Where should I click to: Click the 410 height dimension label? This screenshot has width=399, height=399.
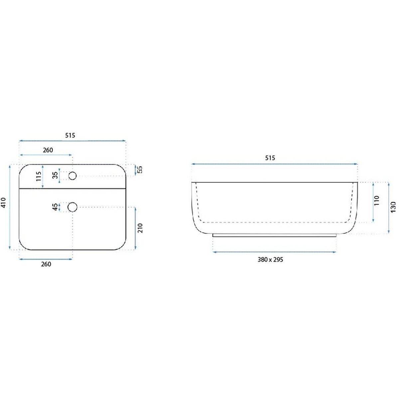(x=4, y=203)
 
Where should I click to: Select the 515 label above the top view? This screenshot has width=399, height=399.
(x=70, y=135)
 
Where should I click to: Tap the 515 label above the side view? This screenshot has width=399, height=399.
(x=270, y=158)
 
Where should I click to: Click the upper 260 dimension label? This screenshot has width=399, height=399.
(x=48, y=150)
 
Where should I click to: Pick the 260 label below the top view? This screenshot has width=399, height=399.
(x=46, y=264)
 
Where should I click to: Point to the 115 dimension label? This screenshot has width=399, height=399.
(x=39, y=177)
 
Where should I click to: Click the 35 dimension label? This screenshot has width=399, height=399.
(x=56, y=175)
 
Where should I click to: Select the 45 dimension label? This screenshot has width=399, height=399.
(x=55, y=207)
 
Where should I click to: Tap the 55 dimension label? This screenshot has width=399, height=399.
(x=140, y=170)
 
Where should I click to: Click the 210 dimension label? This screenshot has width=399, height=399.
(x=140, y=228)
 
